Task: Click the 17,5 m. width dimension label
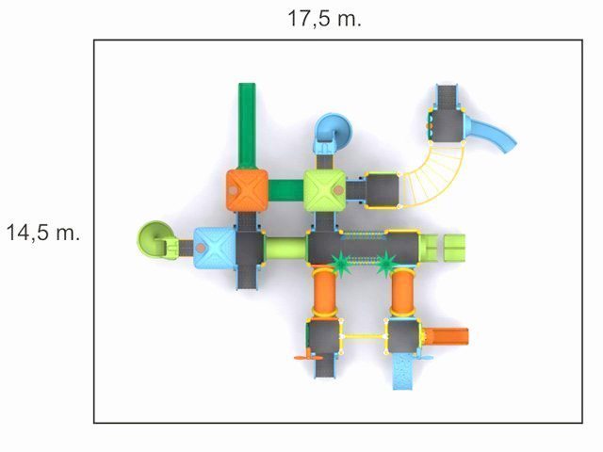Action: pos(324,19)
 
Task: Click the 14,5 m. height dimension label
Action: pos(43,233)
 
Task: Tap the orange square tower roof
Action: pos(247,190)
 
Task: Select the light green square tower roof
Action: pos(325,190)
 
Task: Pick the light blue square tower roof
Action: pos(214,248)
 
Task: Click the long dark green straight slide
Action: pos(247,126)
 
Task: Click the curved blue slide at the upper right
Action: pos(489,135)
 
